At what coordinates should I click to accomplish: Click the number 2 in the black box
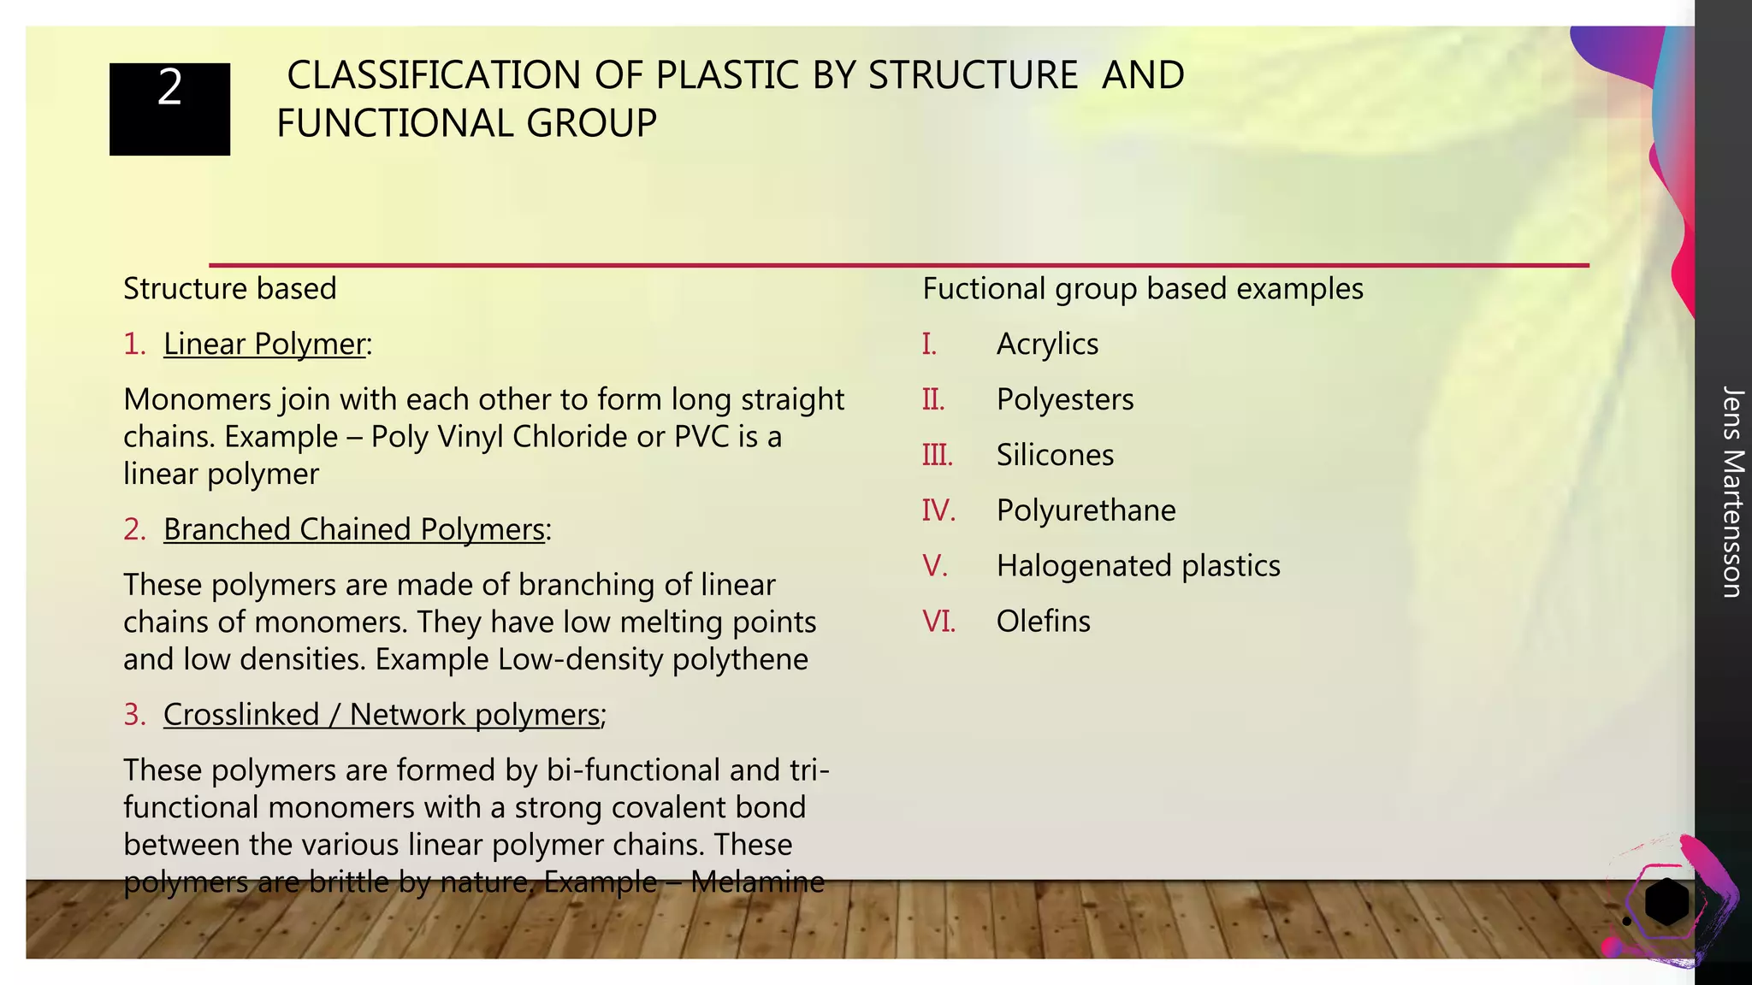click(x=169, y=88)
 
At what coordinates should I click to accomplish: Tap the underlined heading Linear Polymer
click(x=264, y=344)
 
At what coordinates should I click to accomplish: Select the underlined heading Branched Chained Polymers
click(x=354, y=529)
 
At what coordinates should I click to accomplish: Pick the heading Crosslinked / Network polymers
click(x=382, y=714)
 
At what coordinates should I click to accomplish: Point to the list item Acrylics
click(x=1047, y=344)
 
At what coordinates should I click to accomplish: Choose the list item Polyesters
click(x=1065, y=399)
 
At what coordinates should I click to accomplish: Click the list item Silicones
click(x=1055, y=455)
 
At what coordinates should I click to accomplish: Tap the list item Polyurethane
click(x=1086, y=510)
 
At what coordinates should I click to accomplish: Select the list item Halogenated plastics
click(x=1138, y=566)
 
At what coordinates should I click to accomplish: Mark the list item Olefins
click(x=1043, y=622)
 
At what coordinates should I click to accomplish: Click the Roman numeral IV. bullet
click(x=938, y=510)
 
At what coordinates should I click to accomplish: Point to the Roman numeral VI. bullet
click(x=938, y=622)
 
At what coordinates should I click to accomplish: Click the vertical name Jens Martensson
click(x=1731, y=492)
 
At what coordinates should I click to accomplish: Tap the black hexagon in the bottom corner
click(x=1666, y=901)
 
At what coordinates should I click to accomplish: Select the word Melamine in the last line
click(x=757, y=882)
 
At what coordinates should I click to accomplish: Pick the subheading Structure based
click(x=229, y=289)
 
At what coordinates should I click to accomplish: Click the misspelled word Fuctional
click(x=983, y=289)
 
